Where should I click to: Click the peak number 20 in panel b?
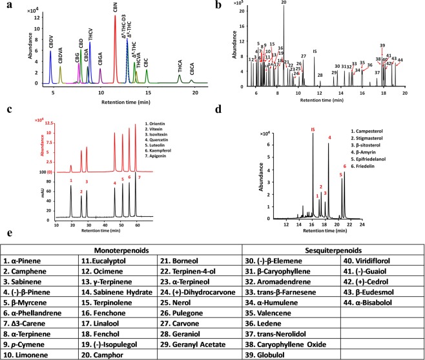[284, 3]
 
